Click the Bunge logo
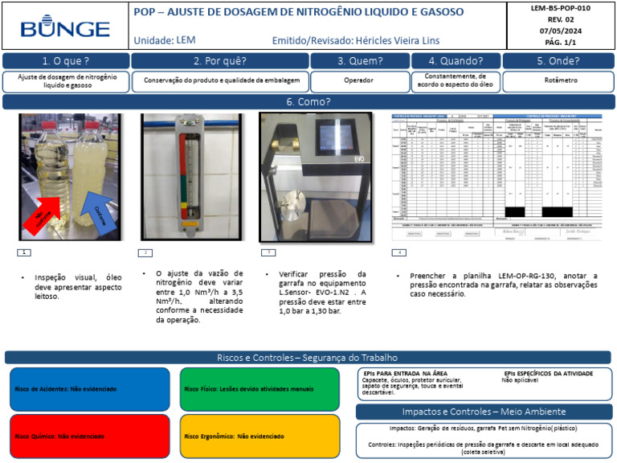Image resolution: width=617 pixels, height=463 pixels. click(x=65, y=28)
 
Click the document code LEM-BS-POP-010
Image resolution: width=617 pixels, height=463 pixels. click(x=561, y=7)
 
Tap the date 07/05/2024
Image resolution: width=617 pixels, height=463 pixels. click(x=561, y=31)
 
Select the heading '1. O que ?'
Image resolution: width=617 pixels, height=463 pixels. click(x=66, y=60)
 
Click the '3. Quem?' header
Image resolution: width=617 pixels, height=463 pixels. click(x=359, y=60)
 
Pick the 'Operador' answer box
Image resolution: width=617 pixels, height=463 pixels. click(x=359, y=81)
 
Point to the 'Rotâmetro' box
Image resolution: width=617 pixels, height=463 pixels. click(x=558, y=81)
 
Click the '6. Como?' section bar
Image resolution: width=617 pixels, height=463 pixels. click(x=308, y=102)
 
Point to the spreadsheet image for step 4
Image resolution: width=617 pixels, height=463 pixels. click(x=500, y=177)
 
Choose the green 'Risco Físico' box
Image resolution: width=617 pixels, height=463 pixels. click(x=259, y=389)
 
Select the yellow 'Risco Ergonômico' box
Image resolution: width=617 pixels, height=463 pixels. click(x=259, y=436)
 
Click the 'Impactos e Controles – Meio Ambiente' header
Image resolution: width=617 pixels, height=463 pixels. click(x=483, y=412)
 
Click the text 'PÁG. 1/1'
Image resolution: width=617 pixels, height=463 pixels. click(x=561, y=42)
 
